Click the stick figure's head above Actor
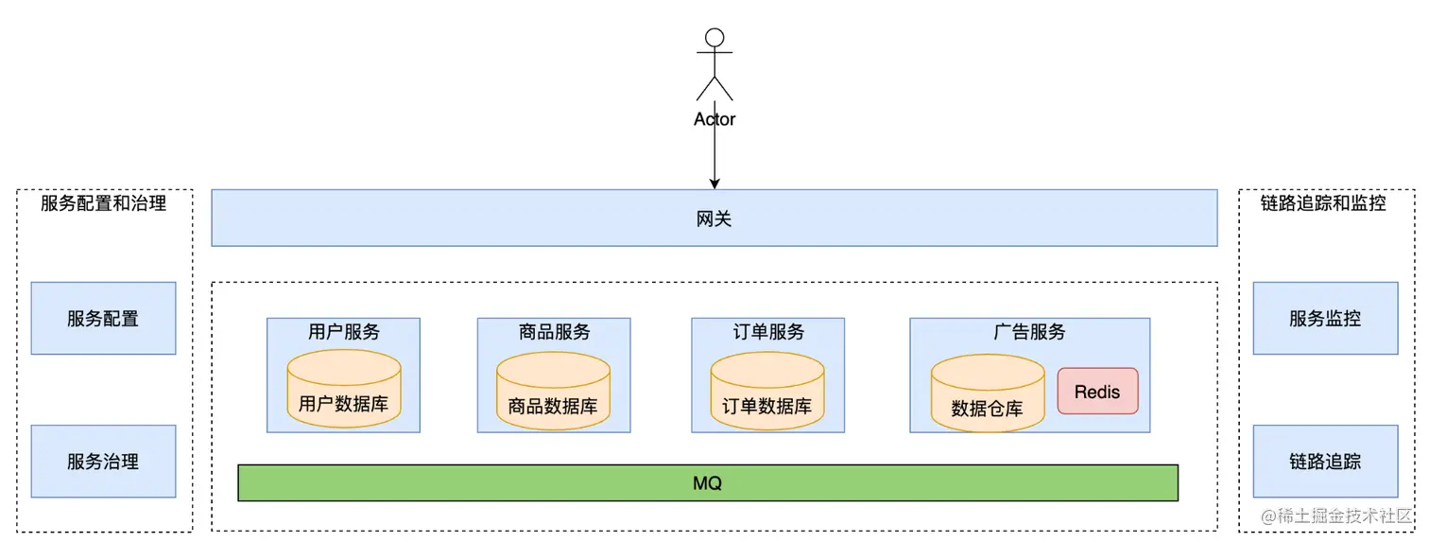point(714,38)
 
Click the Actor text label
point(714,119)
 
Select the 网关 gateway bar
point(714,219)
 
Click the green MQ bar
point(707,482)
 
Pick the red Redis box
point(1097,392)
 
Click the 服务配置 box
point(103,319)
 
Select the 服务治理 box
point(103,462)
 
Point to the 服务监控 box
point(1325,319)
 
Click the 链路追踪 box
point(1325,462)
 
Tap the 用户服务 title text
point(343,332)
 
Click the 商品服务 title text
point(554,332)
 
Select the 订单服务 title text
point(767,332)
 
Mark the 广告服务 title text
point(1029,332)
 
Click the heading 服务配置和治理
point(104,203)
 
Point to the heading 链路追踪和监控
point(1323,203)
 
